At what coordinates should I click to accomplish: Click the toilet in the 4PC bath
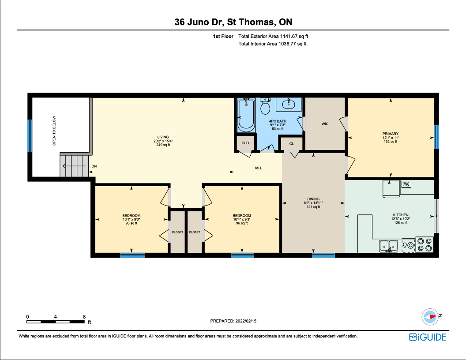point(265,106)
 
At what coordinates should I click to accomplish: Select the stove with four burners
point(425,244)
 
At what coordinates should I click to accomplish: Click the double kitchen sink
point(389,246)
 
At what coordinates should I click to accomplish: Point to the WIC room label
point(325,124)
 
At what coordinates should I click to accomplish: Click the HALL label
point(258,168)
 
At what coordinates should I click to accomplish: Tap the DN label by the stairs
point(94,166)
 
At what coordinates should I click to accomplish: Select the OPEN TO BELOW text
point(54,131)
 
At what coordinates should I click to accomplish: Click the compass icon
point(430,317)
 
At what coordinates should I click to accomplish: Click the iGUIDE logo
point(428,337)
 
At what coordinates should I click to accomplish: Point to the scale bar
point(55,322)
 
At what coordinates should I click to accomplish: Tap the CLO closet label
point(245,143)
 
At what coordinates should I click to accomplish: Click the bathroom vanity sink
point(288,104)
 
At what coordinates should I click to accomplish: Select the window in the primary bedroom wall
point(436,137)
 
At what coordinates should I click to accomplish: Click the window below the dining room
point(323,255)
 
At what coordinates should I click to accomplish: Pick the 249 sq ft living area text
point(163,145)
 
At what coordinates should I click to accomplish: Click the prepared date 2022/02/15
point(246,321)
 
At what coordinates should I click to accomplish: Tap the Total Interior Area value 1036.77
point(287,44)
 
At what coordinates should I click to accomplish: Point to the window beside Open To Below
point(30,136)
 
